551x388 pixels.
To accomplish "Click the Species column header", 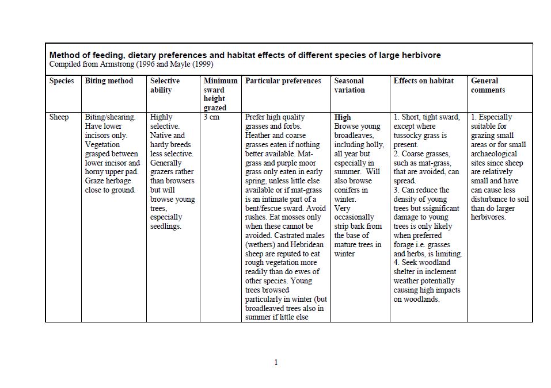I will [x=62, y=81].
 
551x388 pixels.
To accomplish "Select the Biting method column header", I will [x=109, y=81].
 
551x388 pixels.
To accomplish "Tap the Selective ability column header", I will [x=165, y=85].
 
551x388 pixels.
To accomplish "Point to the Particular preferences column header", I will [x=283, y=81].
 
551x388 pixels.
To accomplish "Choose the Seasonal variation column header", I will [x=349, y=85].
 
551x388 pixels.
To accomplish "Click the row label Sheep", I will [x=59, y=117].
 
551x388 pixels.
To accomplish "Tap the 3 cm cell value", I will [x=211, y=117].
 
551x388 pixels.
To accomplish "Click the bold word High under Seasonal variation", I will [x=343, y=117].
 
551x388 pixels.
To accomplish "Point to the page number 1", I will [x=276, y=362].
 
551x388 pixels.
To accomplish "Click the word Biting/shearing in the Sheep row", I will [x=110, y=117].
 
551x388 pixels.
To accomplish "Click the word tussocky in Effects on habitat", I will [x=411, y=136].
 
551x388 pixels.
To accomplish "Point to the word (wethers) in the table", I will [x=261, y=244].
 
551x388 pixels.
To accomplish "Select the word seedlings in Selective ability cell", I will [x=165, y=226].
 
